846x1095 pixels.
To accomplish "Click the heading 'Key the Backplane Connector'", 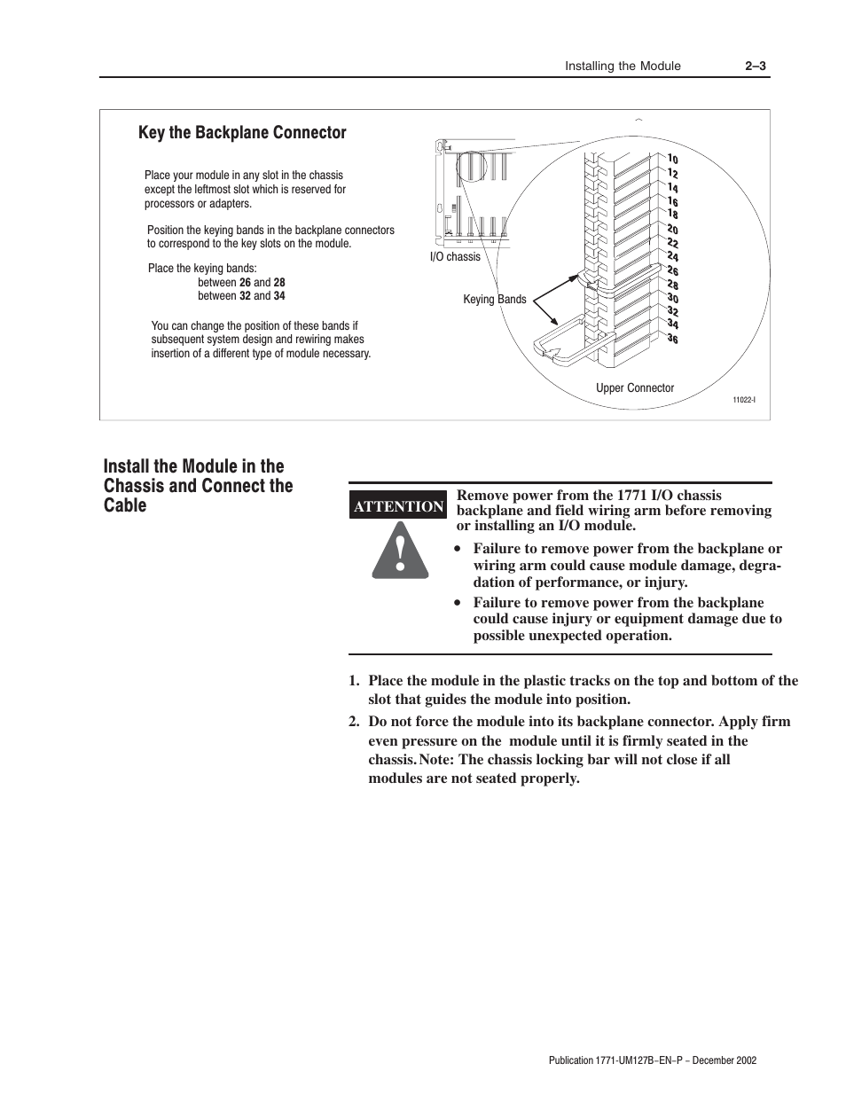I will [x=242, y=133].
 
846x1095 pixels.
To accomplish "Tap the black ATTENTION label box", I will [x=398, y=506].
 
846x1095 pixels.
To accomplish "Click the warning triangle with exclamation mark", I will [x=400, y=552].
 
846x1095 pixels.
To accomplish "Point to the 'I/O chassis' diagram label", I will [x=455, y=257].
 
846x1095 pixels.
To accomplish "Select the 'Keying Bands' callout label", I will [x=494, y=300].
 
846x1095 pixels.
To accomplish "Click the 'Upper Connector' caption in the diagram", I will [x=634, y=388].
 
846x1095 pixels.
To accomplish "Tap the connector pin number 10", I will [x=673, y=160].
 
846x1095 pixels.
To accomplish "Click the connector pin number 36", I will [x=673, y=338].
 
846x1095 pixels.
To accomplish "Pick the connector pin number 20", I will [x=673, y=230].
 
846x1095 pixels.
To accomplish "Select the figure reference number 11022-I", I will [x=743, y=401].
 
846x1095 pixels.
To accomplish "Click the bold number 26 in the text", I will [x=245, y=283].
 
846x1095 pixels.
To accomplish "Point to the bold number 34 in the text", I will [x=279, y=296].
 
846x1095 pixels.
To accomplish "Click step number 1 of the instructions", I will [x=353, y=681].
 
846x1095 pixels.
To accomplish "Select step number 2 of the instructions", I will [x=353, y=722].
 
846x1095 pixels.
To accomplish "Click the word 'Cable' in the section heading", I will [x=125, y=505].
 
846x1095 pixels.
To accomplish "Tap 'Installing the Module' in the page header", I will [x=623, y=66].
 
